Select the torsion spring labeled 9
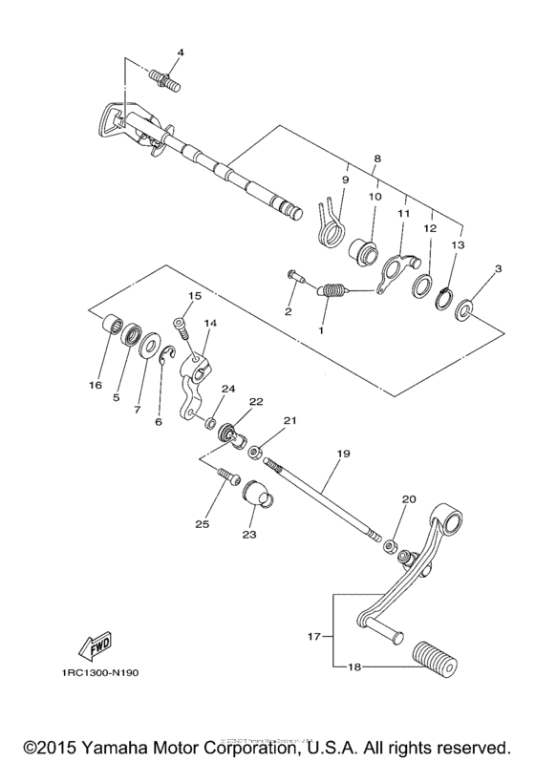tap(328, 222)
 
